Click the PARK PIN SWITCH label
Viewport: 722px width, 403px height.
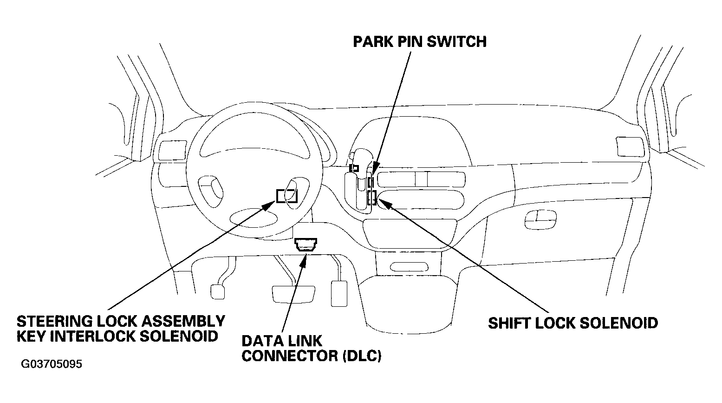419,41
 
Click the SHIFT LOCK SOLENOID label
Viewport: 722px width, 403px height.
572,323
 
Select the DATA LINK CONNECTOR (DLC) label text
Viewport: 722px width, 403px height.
311,348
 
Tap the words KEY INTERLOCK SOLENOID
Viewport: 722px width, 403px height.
117,336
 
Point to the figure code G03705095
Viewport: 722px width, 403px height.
52,364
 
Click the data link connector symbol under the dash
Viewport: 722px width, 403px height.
306,244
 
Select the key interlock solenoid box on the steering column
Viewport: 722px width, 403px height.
286,196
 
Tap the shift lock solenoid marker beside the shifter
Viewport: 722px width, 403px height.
371,198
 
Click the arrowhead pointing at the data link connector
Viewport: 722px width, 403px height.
305,258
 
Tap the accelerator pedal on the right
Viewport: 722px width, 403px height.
340,293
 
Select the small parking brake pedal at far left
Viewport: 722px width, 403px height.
218,291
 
